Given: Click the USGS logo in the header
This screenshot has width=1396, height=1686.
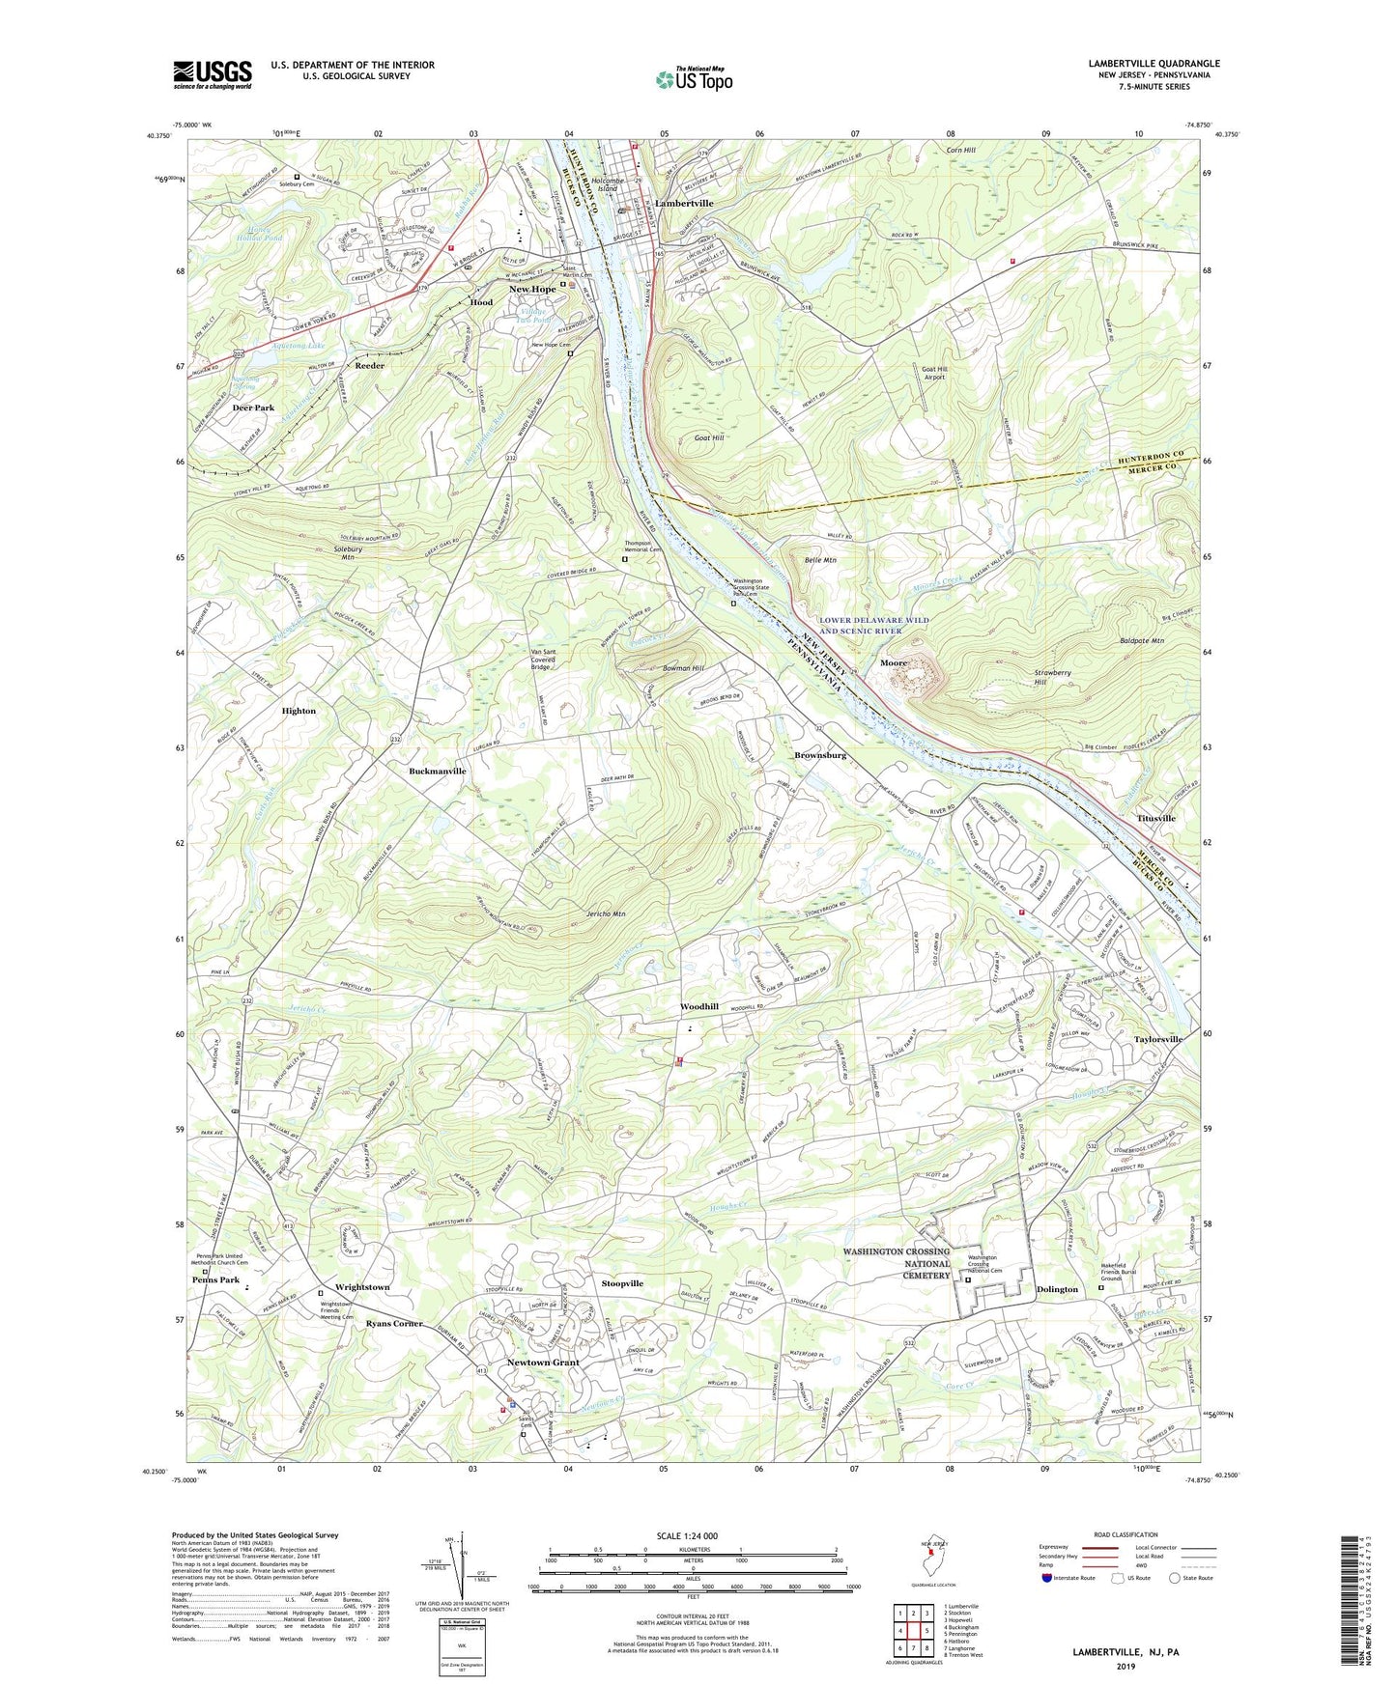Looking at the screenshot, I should pos(213,73).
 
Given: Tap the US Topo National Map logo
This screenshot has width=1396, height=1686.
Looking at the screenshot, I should pos(692,79).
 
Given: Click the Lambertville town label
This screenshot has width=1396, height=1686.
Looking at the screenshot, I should pos(684,204).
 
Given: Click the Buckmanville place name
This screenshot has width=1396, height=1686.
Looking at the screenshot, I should pos(438,772).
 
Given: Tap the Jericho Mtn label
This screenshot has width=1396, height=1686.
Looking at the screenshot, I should pos(606,913).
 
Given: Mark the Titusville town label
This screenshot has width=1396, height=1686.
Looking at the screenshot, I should pos(1155,818).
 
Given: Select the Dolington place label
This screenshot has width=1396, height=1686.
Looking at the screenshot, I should pos(1057,1289).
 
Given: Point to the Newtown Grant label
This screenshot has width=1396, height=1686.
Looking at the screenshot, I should pos(544,1363).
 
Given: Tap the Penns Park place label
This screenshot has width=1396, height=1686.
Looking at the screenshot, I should pos(215,1280).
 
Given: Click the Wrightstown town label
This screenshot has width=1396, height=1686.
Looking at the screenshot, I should pos(362,1287).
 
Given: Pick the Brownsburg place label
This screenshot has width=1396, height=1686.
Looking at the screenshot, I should pos(820,755).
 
